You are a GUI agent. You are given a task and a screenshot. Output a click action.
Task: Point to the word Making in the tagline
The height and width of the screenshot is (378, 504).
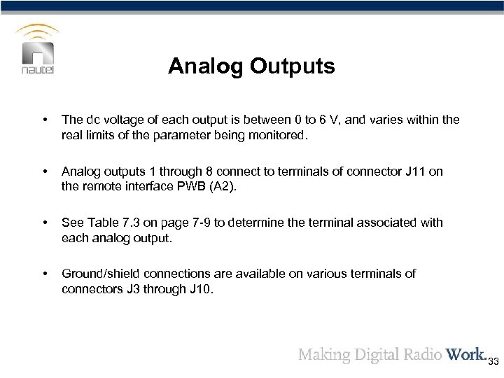[x=323, y=353]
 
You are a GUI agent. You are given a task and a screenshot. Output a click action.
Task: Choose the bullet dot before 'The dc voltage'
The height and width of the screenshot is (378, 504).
[x=45, y=120]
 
